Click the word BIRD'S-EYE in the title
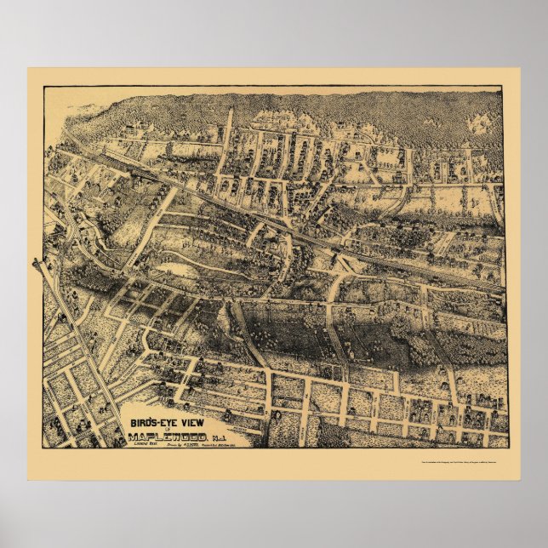[149, 421]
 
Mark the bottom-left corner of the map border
[39, 448]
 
